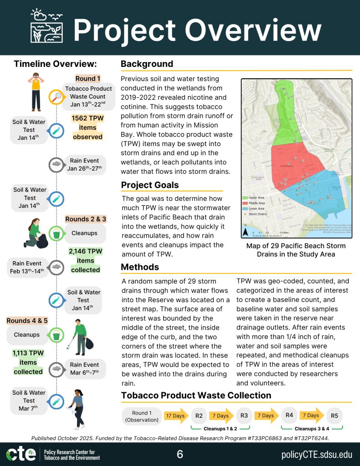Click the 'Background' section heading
(147, 64)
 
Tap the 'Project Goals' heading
(150, 185)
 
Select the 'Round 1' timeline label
(88, 78)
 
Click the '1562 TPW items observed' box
(87, 127)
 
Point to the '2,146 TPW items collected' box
(85, 260)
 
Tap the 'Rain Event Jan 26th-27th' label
(86, 165)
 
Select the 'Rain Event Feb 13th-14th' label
(27, 268)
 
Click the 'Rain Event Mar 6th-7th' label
(85, 369)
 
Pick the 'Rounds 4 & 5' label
(27, 321)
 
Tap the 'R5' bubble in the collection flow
(335, 415)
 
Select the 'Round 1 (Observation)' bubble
(142, 416)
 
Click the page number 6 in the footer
(180, 454)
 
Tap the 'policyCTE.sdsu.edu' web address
(317, 454)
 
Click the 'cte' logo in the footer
(21, 454)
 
